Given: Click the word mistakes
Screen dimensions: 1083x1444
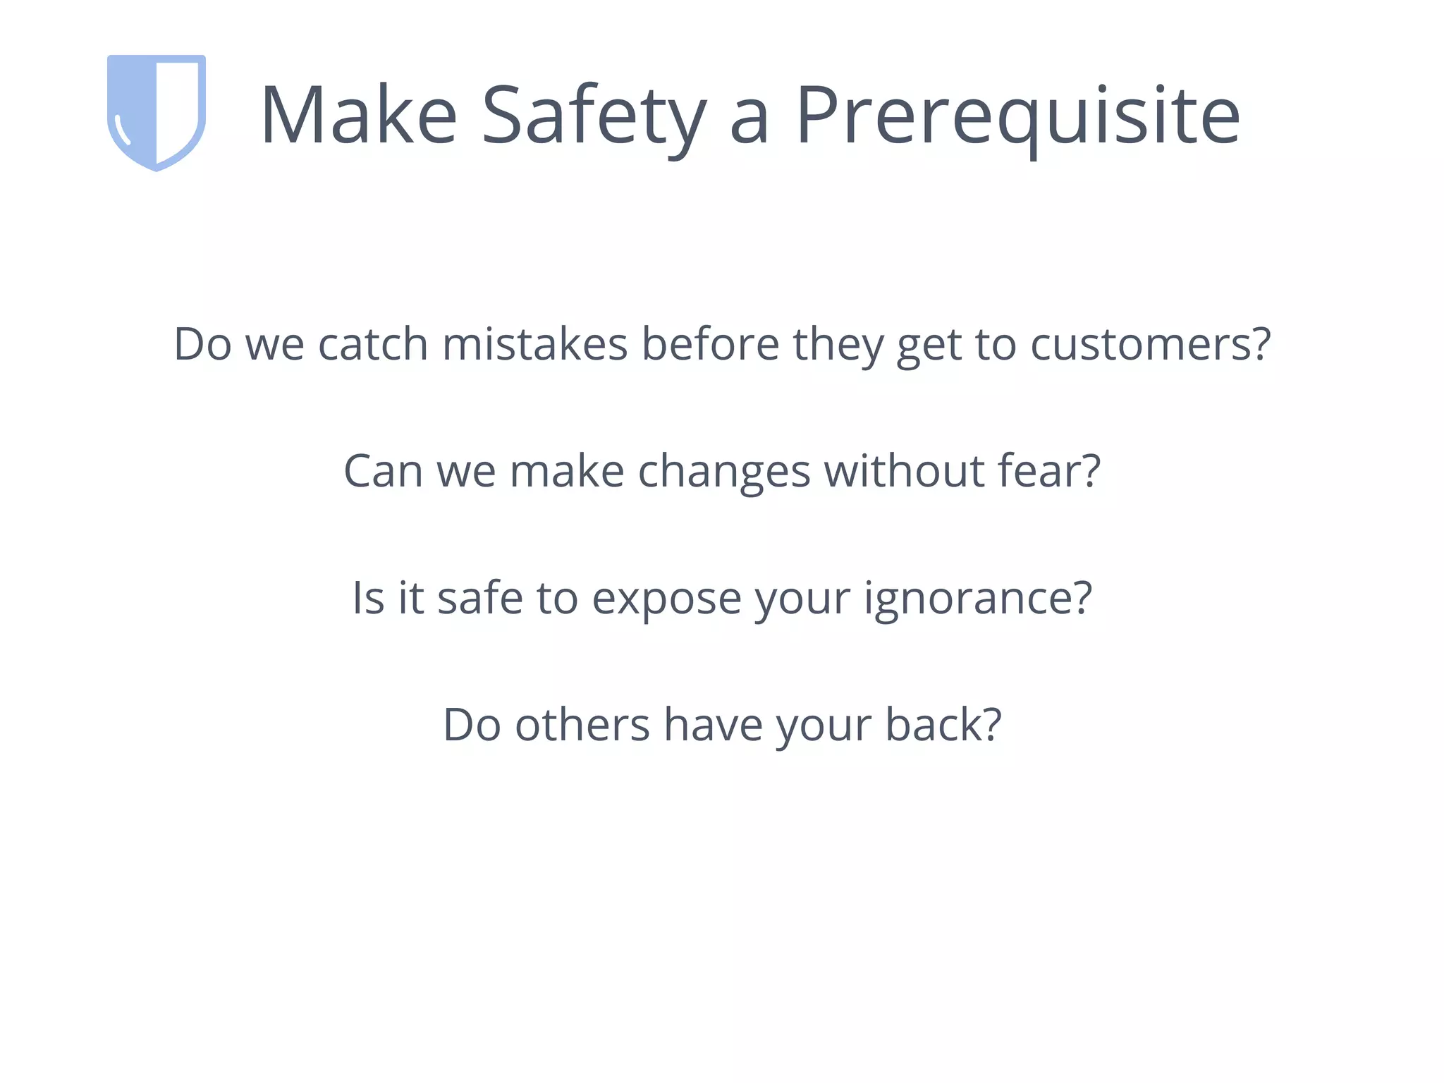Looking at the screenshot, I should click(534, 345).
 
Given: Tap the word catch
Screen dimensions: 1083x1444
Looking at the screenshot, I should click(372, 345).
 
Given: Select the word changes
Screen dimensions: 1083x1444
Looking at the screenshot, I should click(723, 472).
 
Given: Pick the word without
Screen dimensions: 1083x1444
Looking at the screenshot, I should click(904, 472).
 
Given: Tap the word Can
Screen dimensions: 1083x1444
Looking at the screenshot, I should click(383, 472).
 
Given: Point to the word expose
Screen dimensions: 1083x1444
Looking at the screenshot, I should click(666, 599).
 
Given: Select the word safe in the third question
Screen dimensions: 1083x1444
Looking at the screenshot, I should click(479, 599).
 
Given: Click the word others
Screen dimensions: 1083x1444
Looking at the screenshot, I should click(582, 726).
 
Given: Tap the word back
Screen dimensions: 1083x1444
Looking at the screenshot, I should click(931, 726).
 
